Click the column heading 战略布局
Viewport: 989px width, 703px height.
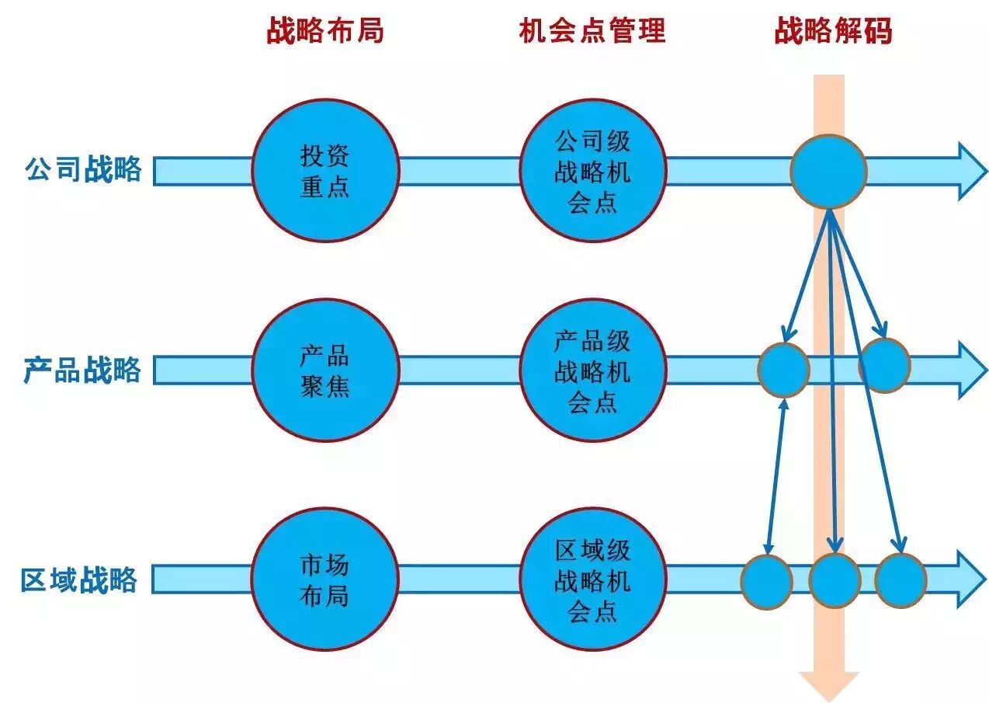click(325, 32)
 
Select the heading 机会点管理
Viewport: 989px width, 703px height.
click(592, 31)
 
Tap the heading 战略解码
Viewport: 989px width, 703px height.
click(833, 32)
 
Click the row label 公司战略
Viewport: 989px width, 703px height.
click(84, 169)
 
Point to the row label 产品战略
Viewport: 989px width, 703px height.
click(82, 370)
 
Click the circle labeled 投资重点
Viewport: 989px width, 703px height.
click(325, 170)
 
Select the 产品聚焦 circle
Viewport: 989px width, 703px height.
click(325, 371)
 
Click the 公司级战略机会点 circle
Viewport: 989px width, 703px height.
click(592, 170)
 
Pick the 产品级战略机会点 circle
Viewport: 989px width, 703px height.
click(592, 371)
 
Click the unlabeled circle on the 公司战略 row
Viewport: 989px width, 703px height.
click(828, 171)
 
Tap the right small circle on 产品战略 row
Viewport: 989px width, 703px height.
click(884, 365)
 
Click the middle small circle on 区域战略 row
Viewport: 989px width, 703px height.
click(835, 580)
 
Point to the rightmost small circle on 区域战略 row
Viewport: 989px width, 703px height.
click(901, 580)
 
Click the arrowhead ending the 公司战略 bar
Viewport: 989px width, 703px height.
click(973, 171)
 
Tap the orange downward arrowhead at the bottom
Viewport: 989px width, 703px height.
click(829, 686)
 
